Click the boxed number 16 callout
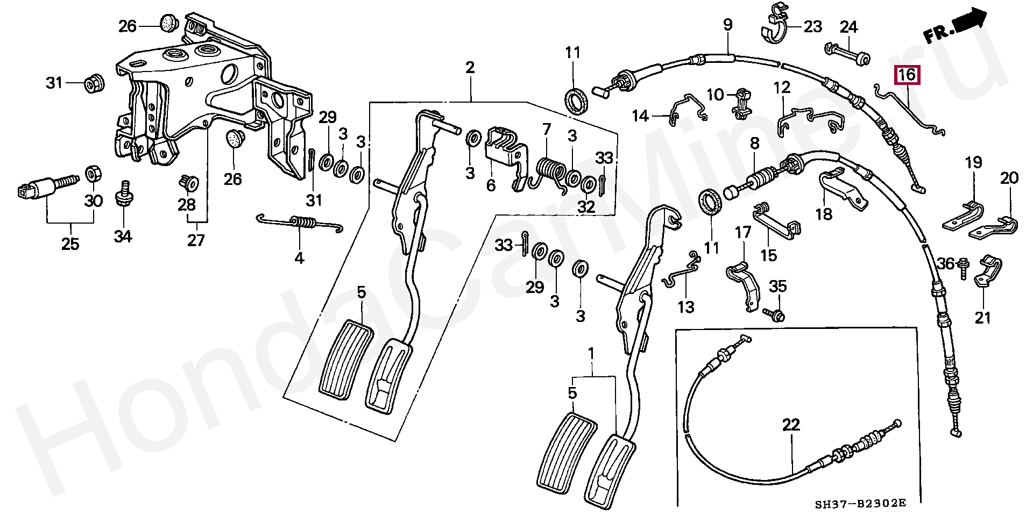(907, 75)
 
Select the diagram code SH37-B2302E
(860, 504)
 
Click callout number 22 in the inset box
(791, 425)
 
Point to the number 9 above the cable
(727, 24)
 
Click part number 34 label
(123, 236)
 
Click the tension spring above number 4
(300, 223)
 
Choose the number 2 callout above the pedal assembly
(470, 68)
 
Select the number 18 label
(824, 213)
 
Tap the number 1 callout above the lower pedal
(591, 354)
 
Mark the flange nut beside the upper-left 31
(94, 83)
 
